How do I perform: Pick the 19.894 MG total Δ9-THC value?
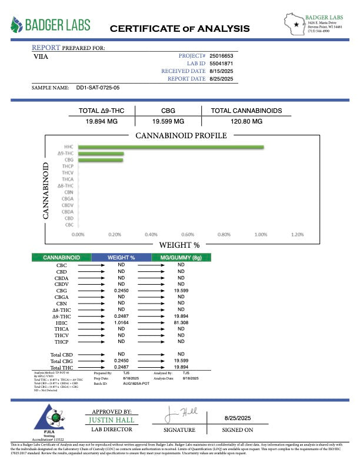102,121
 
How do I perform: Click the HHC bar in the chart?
171,147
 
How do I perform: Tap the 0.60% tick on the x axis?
187,234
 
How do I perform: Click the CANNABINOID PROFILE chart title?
181,136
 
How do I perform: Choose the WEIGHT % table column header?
121,258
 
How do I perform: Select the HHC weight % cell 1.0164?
121,322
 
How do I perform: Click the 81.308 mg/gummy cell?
181,322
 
